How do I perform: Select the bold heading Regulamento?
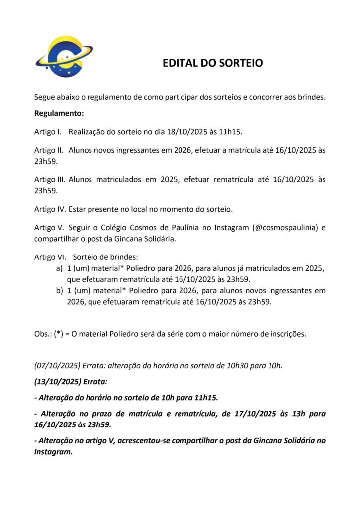(59, 113)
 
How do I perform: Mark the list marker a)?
(59, 268)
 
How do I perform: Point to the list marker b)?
(59, 290)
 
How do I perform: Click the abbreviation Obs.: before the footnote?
(42, 333)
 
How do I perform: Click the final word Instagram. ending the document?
(53, 452)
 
